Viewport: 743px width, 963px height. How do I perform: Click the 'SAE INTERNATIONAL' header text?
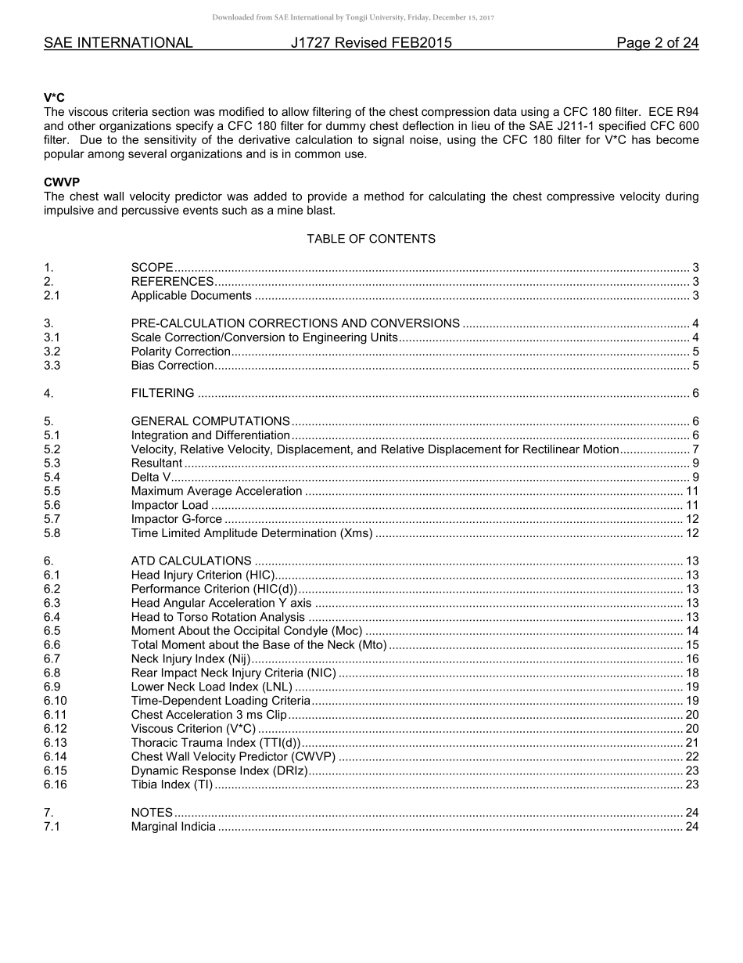(118, 43)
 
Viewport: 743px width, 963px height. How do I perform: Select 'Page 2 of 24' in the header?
(657, 43)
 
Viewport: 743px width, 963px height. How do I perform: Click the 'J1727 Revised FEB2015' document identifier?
(371, 43)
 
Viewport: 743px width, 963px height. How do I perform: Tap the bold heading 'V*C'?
(54, 98)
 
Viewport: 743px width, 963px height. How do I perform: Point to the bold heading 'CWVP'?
(62, 182)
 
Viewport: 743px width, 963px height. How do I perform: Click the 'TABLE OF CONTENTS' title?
(371, 239)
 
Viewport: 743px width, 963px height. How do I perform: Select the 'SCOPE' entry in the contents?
(152, 268)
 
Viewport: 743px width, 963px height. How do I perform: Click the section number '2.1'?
(52, 295)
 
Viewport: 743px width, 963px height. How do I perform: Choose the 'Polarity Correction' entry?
(181, 352)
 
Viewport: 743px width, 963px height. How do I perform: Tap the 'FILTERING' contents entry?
(163, 393)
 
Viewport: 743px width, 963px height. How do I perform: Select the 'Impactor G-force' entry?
(176, 519)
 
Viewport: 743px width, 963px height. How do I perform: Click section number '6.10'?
(56, 701)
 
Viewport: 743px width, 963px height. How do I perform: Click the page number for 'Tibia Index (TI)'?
(691, 784)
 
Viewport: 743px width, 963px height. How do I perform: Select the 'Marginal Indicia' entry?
(173, 827)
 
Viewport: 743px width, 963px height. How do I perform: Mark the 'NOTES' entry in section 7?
(152, 813)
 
